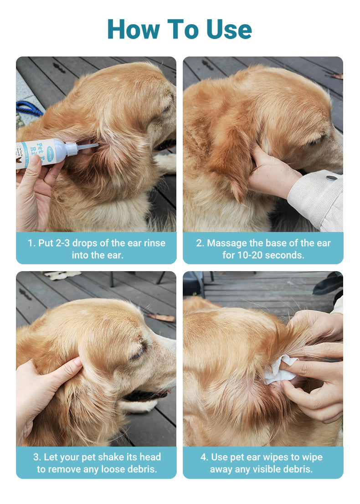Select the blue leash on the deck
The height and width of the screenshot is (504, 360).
[29, 109]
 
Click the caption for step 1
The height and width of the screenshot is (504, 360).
[96, 248]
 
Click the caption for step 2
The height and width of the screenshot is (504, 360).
[263, 248]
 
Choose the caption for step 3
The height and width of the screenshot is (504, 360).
[96, 463]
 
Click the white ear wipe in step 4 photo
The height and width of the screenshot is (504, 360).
[279, 370]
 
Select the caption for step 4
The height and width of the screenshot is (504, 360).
[263, 463]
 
